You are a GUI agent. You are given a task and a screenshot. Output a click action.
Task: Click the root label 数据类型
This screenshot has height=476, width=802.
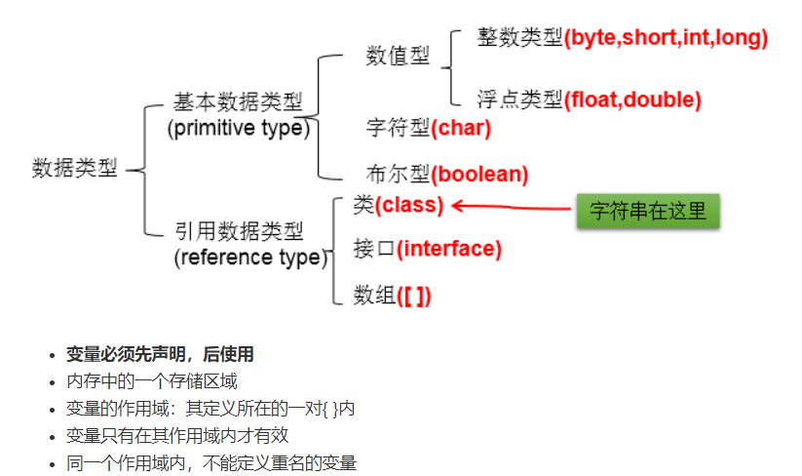(74, 168)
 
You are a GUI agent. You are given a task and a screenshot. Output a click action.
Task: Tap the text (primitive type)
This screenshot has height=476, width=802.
(238, 128)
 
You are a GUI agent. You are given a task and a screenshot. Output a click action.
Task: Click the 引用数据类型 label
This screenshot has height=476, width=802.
(238, 232)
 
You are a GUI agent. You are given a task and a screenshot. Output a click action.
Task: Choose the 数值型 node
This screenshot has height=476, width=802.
(398, 56)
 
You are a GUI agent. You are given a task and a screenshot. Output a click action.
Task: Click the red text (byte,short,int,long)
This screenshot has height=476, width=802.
(667, 38)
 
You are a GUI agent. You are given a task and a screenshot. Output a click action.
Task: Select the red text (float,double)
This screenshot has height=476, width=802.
(632, 99)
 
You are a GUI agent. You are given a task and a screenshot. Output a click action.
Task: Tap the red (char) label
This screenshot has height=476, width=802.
(461, 128)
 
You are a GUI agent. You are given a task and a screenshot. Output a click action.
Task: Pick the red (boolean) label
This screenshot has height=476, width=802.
(479, 175)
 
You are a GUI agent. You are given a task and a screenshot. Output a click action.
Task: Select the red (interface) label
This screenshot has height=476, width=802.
(449, 249)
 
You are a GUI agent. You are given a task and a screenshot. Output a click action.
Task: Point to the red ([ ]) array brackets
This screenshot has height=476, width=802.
(414, 296)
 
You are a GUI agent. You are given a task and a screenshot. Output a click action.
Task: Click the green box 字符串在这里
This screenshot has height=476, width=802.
(647, 211)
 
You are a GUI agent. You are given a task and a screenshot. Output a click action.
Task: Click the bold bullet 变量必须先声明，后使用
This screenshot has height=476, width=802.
(160, 354)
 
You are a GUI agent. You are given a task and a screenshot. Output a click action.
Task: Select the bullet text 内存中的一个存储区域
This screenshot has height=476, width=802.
(151, 381)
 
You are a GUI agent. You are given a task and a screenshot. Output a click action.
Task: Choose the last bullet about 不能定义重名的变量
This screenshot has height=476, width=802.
(210, 463)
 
